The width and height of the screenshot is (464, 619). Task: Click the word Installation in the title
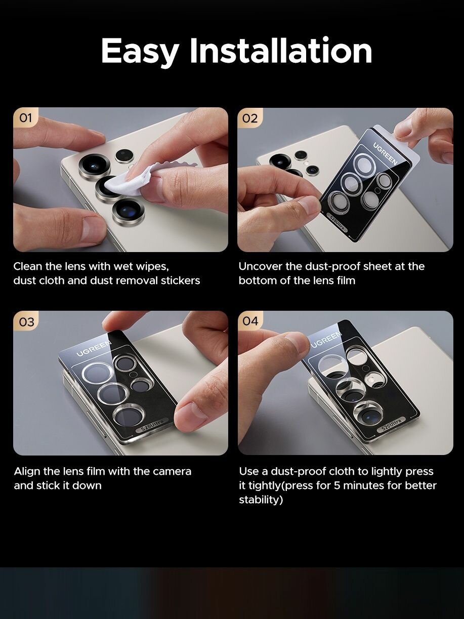click(281, 50)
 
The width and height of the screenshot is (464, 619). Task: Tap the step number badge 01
click(25, 117)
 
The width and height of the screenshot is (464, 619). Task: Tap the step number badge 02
click(250, 118)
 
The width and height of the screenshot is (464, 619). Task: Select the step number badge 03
click(26, 322)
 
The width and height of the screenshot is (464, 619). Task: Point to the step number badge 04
click(250, 321)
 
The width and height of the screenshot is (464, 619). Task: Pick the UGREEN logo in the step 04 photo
click(327, 339)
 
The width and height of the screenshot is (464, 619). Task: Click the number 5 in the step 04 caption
click(337, 485)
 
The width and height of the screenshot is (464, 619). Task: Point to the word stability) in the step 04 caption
click(261, 500)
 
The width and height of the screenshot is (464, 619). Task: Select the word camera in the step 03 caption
click(172, 472)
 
